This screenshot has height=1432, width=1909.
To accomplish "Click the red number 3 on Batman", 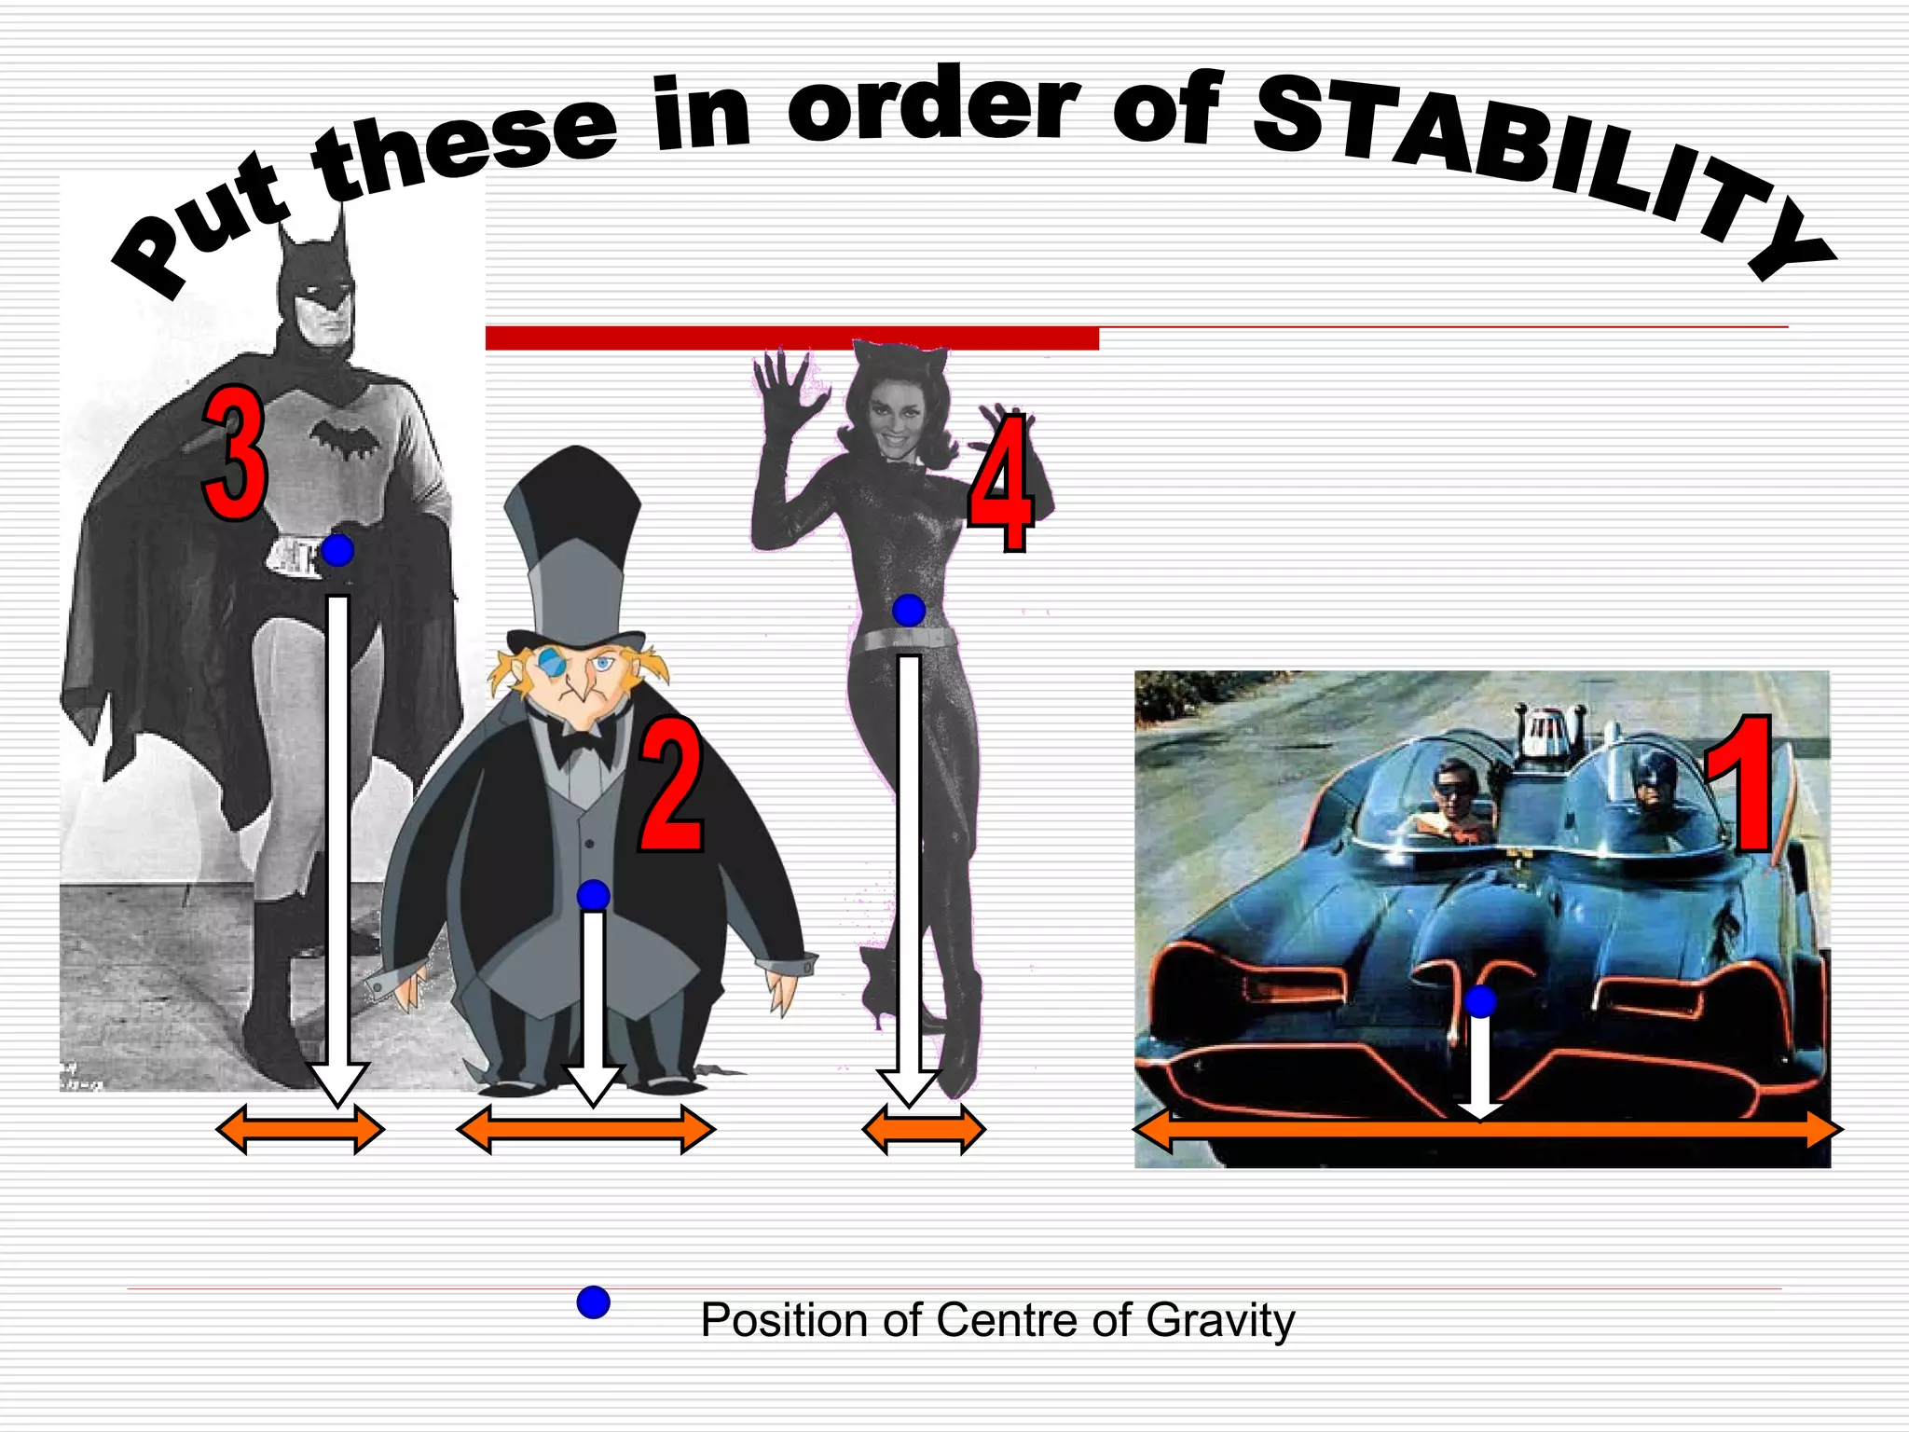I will coord(235,454).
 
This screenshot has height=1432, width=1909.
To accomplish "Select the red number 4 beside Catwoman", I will coord(1000,483).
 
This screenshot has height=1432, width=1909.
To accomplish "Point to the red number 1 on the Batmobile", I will coord(1739,785).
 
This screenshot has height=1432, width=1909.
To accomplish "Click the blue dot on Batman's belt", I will coord(337,550).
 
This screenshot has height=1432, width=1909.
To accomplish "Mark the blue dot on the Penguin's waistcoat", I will coord(593,896).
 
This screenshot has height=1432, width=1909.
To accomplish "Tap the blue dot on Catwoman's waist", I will coord(909,611).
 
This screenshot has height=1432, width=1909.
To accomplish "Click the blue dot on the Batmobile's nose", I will coord(1480,1002).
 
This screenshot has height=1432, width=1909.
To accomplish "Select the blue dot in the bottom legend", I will coord(593,1302).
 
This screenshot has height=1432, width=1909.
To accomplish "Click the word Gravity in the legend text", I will coord(1220,1320).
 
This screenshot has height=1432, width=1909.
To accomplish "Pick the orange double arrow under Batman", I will coord(299,1130).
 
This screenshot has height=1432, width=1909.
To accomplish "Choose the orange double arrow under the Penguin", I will coord(586,1130).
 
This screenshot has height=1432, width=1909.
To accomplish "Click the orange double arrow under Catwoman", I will coord(923,1130).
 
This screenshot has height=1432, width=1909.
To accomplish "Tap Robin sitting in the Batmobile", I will coord(1452,802).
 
